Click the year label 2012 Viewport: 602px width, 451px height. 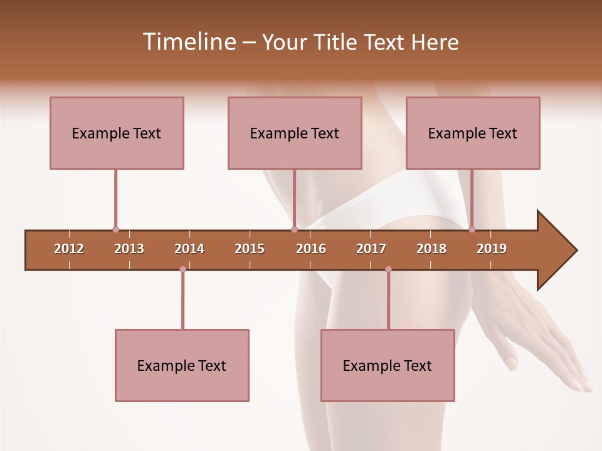[x=69, y=249]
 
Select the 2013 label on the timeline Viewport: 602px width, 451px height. [x=129, y=249]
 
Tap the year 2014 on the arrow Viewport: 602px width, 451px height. [x=189, y=249]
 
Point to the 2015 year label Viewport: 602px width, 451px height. [x=250, y=249]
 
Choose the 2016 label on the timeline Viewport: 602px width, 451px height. [x=311, y=249]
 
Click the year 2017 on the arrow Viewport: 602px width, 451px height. [x=371, y=249]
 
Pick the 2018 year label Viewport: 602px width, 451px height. [x=431, y=249]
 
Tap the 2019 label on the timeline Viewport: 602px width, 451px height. [x=492, y=249]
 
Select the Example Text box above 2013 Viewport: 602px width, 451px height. [x=117, y=133]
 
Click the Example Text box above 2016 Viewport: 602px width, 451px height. [x=295, y=133]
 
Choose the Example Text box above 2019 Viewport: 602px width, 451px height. [x=473, y=133]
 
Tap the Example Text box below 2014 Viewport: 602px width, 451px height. [x=182, y=365]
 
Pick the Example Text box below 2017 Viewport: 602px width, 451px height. [x=388, y=365]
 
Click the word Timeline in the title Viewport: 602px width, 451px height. [x=188, y=42]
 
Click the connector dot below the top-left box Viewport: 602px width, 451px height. [x=115, y=229]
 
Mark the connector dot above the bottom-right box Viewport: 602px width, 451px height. [x=388, y=269]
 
